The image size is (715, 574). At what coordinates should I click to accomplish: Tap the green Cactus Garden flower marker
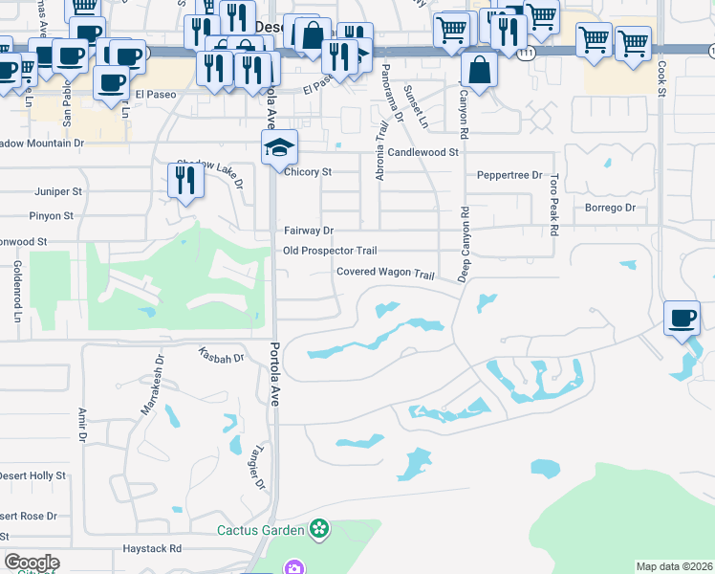[319, 529]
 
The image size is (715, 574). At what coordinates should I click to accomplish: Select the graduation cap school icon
[280, 148]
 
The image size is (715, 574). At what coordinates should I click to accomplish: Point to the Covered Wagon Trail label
[385, 272]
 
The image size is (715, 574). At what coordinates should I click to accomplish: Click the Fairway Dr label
[308, 231]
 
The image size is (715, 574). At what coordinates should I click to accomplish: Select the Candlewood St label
[423, 152]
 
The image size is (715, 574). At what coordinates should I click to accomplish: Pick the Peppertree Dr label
[509, 176]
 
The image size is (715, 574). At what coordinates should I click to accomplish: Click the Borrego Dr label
[609, 208]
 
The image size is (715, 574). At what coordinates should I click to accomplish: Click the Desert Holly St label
[32, 475]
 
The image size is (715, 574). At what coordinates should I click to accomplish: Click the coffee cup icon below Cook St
[682, 318]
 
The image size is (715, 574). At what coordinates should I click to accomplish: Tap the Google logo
[32, 563]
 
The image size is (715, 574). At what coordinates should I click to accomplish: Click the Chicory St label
[307, 172]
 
